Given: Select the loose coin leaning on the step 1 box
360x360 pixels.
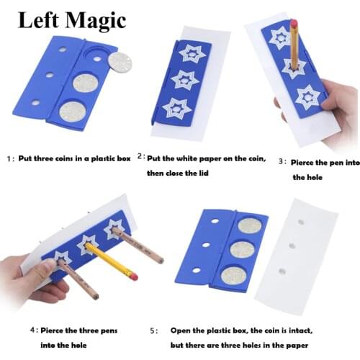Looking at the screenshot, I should (120, 63).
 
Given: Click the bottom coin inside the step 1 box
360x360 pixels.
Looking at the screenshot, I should (71, 112).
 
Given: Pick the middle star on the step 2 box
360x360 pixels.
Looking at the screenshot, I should (185, 79).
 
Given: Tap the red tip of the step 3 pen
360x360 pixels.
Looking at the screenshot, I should (293, 23).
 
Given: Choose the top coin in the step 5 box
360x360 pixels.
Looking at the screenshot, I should (250, 226).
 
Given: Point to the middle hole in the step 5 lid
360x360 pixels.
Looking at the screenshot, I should (206, 244).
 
